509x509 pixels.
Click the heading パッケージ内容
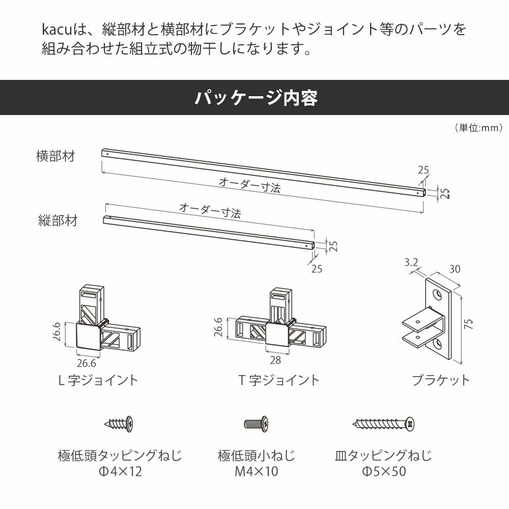[x=256, y=97]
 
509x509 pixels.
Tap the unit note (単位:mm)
[x=478, y=128]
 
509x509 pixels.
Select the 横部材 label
[x=55, y=156]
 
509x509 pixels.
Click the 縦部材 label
[x=58, y=220]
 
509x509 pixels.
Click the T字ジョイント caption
[x=279, y=380]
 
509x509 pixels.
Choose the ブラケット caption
[x=441, y=380]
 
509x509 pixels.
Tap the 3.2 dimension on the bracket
[x=411, y=263]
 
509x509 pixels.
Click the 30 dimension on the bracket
[x=455, y=269]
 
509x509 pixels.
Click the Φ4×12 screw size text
[x=120, y=472]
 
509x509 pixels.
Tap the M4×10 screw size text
[x=257, y=472]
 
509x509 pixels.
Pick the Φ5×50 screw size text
[x=384, y=472]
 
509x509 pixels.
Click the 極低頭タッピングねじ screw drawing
[x=120, y=422]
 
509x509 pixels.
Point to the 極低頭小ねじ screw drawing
[x=257, y=422]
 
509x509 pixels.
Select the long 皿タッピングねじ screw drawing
[x=384, y=423]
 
